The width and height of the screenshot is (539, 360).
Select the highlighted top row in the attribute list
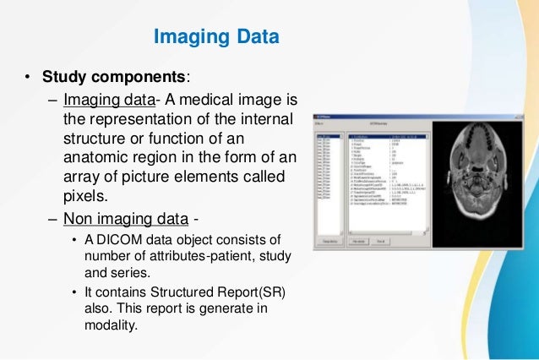(385, 135)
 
